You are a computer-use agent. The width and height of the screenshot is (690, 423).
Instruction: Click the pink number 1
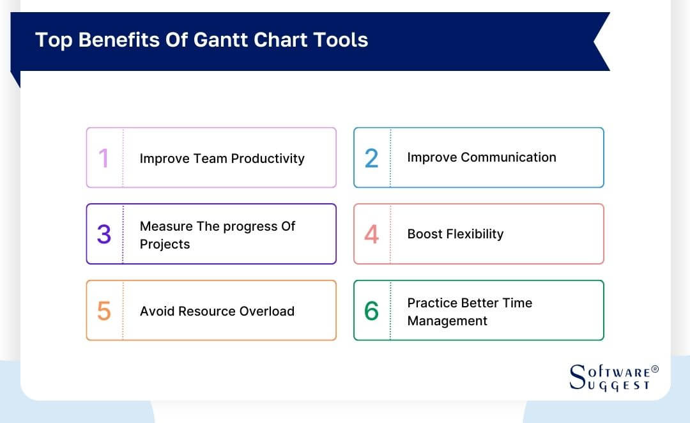[103, 158]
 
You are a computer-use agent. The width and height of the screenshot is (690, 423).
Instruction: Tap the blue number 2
[371, 158]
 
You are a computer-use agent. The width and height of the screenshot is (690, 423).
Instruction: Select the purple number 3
[103, 235]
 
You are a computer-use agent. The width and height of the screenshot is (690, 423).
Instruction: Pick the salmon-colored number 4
[371, 235]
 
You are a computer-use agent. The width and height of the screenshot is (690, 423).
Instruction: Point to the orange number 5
[103, 311]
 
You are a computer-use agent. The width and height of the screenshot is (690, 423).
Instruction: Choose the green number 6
[371, 311]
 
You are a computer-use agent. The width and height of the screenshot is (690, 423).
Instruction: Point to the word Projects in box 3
[165, 244]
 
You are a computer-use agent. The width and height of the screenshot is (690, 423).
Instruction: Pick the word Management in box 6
[447, 321]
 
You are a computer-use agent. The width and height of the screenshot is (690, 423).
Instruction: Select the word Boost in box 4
[425, 234]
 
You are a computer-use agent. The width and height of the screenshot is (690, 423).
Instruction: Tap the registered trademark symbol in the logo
[655, 369]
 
